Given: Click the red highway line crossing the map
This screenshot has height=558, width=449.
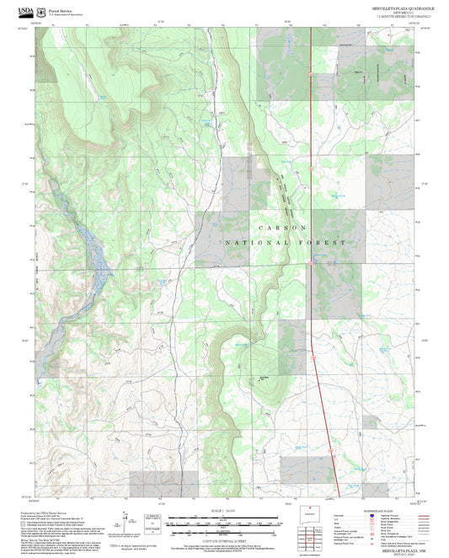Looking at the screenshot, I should tap(312, 126).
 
